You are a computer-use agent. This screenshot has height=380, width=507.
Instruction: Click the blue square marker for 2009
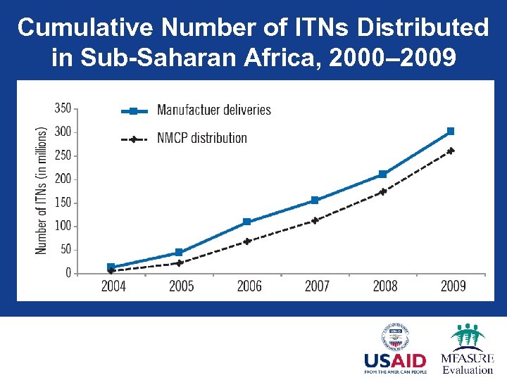(451, 132)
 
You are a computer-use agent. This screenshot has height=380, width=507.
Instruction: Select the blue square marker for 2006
(246, 222)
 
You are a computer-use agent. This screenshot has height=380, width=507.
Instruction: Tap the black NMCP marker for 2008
(383, 191)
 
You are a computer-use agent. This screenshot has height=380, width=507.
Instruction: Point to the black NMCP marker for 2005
(179, 263)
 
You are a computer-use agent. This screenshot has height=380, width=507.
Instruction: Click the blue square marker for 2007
(315, 201)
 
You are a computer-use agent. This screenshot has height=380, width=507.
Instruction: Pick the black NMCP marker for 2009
(451, 151)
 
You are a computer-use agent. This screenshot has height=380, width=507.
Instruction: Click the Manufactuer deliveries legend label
(213, 110)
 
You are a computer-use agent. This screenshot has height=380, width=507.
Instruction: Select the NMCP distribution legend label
(201, 138)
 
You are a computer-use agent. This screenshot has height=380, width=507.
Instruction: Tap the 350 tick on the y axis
(63, 108)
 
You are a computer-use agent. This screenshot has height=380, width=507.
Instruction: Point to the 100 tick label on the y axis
(63, 226)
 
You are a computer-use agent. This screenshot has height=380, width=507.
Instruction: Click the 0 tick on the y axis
(68, 273)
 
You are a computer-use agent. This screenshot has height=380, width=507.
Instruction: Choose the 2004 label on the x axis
(113, 286)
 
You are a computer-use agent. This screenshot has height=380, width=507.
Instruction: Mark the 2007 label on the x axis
(317, 286)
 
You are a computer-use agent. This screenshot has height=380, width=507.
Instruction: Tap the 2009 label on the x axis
(453, 286)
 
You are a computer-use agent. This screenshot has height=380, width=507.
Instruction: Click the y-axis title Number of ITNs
(42, 190)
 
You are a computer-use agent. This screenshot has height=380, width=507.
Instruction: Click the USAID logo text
(395, 361)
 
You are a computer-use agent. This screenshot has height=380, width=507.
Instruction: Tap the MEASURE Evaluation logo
(467, 348)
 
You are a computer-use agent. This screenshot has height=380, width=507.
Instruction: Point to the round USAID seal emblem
(395, 337)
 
